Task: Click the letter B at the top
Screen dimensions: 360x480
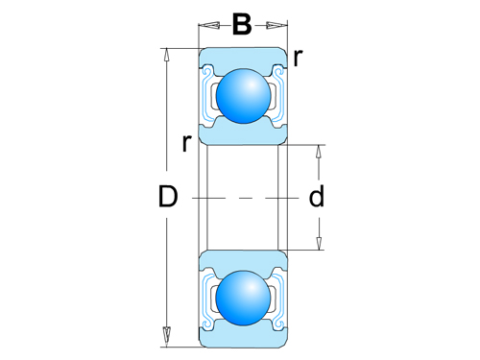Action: (x=242, y=24)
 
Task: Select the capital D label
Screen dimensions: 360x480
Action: (x=169, y=198)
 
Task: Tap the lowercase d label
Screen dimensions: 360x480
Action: (x=316, y=198)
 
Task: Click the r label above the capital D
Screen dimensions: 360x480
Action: (x=185, y=144)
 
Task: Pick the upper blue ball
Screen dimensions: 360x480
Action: (x=242, y=95)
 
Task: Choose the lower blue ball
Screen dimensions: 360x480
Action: (x=242, y=298)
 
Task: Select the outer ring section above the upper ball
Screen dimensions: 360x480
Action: (x=242, y=60)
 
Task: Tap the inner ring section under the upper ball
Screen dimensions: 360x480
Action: (x=242, y=132)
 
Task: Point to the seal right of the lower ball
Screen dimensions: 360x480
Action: (x=276, y=298)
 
